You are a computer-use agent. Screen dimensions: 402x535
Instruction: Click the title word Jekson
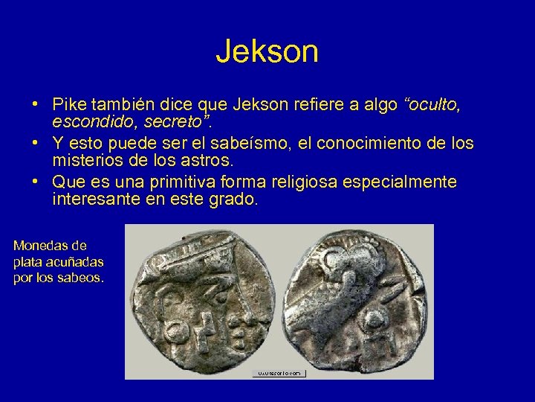tap(267, 51)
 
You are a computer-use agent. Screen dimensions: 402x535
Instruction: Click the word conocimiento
tap(359, 143)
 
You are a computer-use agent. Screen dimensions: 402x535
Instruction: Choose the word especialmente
tap(413, 182)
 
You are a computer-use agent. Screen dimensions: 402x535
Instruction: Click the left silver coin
tap(201, 301)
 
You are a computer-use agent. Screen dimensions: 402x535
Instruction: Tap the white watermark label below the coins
tap(279, 373)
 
